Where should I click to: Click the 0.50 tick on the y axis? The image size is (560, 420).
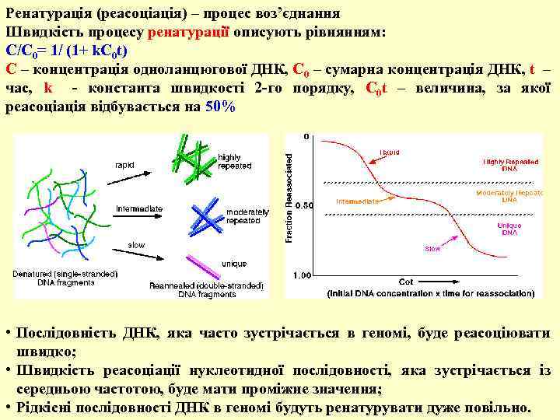click(x=304, y=205)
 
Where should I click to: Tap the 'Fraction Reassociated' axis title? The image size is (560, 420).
click(x=291, y=195)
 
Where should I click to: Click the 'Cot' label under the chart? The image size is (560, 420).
click(x=405, y=281)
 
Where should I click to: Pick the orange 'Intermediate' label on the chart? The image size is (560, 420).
click(x=358, y=201)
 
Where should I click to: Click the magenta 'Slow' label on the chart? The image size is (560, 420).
click(x=432, y=249)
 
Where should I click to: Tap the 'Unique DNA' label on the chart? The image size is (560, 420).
click(x=509, y=228)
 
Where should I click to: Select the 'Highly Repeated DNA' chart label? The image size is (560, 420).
click(x=509, y=164)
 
